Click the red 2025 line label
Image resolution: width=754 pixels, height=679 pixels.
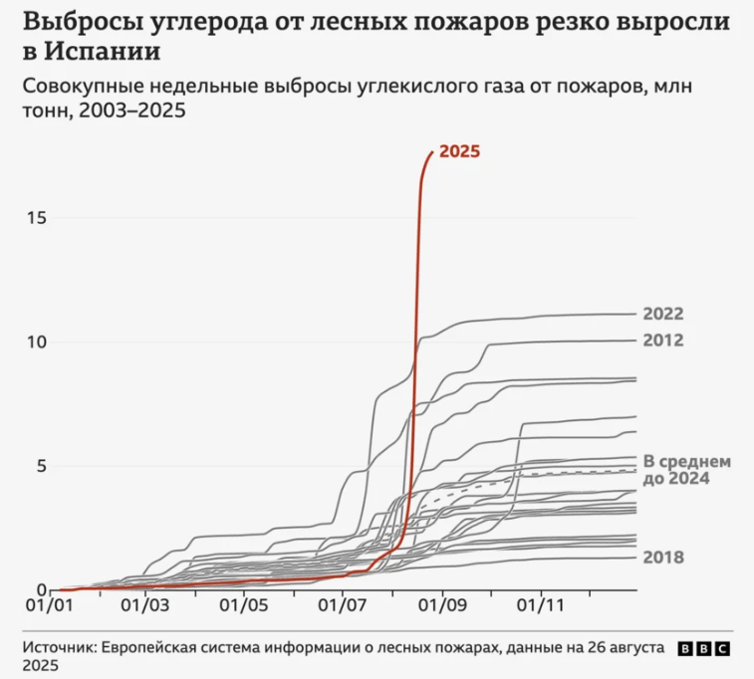459,151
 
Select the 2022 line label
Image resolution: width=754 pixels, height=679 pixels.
663,315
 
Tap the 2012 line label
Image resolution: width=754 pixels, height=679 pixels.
663,340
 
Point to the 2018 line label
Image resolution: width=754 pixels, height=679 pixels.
663,557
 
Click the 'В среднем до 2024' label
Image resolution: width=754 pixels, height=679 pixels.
688,470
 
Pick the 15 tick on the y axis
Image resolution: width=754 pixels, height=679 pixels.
37,218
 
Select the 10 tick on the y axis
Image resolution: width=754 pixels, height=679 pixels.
37,341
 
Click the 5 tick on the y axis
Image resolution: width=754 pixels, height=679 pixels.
42,465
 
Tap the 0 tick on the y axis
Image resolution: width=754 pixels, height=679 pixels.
42,589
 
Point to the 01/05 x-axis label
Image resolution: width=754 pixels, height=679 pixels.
245,604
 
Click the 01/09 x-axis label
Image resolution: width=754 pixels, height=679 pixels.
441,604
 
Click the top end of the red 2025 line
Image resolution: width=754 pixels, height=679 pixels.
430,152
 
